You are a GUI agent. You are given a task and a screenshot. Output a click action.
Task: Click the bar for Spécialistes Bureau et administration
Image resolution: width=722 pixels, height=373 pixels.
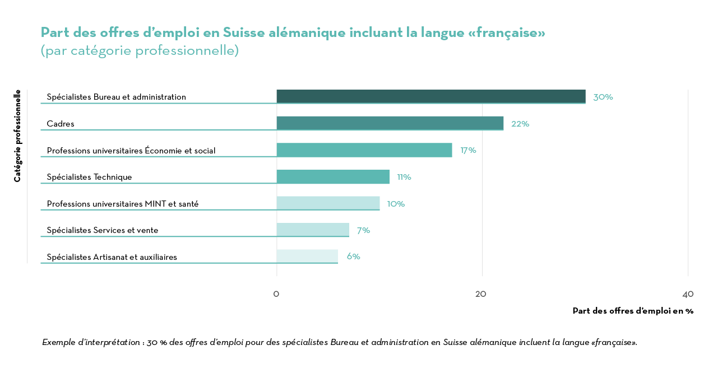click(431, 96)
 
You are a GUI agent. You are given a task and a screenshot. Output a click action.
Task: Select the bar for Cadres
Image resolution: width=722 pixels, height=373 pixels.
click(390, 123)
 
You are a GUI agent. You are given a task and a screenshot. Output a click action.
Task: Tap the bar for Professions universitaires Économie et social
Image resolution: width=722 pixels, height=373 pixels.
click(364, 150)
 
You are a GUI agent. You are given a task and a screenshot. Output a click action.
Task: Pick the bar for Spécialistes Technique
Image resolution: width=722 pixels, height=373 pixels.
click(333, 176)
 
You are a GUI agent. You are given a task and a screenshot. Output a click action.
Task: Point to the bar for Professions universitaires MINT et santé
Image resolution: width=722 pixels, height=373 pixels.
click(328, 203)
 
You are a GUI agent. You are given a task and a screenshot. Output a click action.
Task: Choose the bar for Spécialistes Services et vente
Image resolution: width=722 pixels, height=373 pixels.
click(312, 230)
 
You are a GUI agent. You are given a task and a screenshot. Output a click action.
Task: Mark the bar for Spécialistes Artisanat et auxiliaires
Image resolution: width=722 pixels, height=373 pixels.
click(307, 256)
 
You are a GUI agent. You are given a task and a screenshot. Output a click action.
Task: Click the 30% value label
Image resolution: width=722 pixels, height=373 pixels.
click(603, 97)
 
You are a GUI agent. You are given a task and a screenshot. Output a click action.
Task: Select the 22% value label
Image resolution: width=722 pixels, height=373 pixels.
click(520, 124)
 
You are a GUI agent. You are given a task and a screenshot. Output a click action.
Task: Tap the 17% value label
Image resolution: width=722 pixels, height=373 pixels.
click(468, 150)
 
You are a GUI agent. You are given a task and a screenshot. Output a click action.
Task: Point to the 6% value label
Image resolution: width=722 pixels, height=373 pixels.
click(353, 257)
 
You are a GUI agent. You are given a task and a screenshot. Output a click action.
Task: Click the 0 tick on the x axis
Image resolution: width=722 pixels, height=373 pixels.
click(276, 294)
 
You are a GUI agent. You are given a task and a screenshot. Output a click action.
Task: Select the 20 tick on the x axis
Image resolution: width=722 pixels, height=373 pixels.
click(480, 294)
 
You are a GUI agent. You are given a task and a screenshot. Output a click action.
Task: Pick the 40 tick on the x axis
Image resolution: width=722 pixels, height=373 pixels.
click(688, 294)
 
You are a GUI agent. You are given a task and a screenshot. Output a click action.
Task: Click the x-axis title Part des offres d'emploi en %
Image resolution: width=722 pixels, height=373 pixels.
click(633, 311)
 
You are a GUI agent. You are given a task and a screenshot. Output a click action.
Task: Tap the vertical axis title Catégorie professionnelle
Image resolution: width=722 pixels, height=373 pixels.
click(17, 136)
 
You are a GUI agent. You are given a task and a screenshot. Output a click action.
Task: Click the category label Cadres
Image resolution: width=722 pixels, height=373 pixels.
click(61, 124)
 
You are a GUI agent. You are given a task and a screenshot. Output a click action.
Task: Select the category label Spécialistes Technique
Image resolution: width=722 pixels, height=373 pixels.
click(89, 177)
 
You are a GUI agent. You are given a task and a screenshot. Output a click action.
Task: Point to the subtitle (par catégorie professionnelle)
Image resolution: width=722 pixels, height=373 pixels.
click(140, 50)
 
